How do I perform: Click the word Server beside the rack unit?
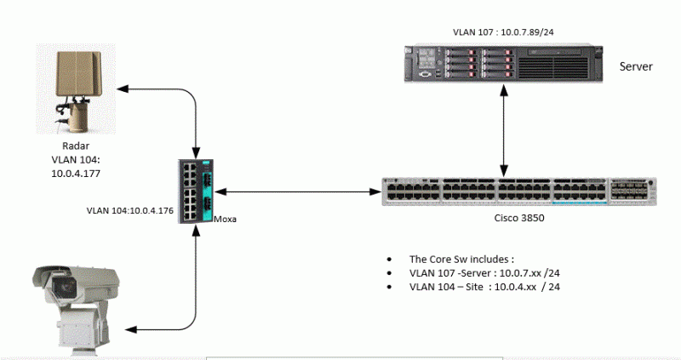click(635, 66)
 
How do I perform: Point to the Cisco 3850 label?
click(519, 218)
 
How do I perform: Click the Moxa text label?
click(224, 219)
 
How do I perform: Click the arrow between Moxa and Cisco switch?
click(298, 191)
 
